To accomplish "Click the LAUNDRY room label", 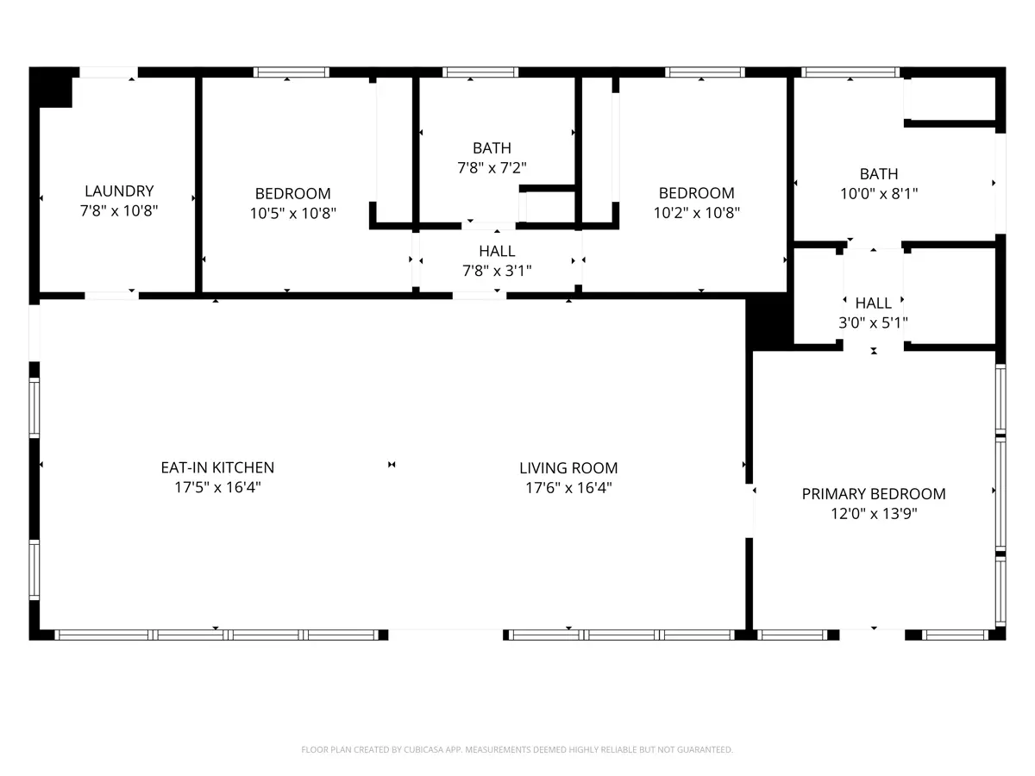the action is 119,191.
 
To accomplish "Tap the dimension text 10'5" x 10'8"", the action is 292,214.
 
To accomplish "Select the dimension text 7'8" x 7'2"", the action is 492,168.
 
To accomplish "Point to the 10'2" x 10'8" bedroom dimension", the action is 696,213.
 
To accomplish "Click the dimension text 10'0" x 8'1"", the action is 879,194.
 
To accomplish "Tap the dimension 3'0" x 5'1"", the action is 873,323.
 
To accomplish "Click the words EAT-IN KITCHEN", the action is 217,467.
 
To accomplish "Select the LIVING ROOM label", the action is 568,468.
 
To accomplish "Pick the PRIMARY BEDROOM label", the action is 874,494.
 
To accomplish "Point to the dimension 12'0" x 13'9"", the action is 874,514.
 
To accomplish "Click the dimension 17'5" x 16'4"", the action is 217,487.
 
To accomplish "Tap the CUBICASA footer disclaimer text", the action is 517,749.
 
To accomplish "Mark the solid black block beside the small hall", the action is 769,322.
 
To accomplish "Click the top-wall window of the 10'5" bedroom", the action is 292,72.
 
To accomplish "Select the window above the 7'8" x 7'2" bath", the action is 480,72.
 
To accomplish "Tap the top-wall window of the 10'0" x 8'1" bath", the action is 850,72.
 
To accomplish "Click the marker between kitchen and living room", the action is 392,465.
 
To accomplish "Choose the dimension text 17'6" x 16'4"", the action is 568,488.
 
